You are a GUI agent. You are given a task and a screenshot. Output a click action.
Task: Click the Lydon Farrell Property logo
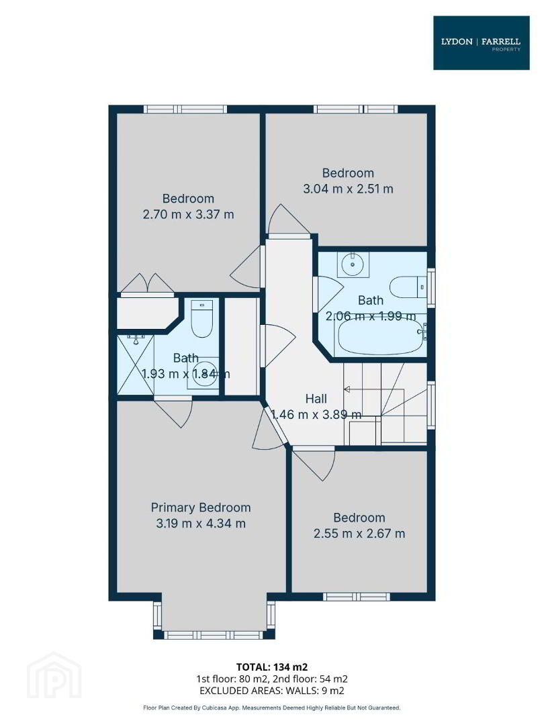coord(481,43)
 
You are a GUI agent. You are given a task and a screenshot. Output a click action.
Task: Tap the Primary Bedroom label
coord(201,507)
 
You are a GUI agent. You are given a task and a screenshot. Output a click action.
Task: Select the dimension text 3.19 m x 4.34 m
coord(201,524)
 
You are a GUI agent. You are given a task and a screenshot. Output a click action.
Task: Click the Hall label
coord(316,399)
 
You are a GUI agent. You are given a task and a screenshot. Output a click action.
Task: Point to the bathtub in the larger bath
coord(381,337)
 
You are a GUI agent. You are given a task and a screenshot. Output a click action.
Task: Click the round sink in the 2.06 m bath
coord(353,264)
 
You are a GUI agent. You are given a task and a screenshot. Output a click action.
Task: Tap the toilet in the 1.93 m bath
coord(201,318)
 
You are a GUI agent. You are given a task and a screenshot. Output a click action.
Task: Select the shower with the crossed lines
coord(136,365)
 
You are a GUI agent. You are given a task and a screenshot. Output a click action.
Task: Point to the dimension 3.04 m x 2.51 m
coord(348,189)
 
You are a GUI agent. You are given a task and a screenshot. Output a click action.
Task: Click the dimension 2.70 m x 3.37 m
coord(188,215)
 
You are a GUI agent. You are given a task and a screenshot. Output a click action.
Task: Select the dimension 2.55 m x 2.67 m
coord(359,534)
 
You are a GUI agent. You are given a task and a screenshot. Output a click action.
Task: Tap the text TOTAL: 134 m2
coord(272,667)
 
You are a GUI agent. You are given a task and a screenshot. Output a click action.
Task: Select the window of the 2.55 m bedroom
coord(356,597)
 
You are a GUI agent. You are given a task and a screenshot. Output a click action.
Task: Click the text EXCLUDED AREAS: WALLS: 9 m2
coord(272,691)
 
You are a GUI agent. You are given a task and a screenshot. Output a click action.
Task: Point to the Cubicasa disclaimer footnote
coord(272,708)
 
